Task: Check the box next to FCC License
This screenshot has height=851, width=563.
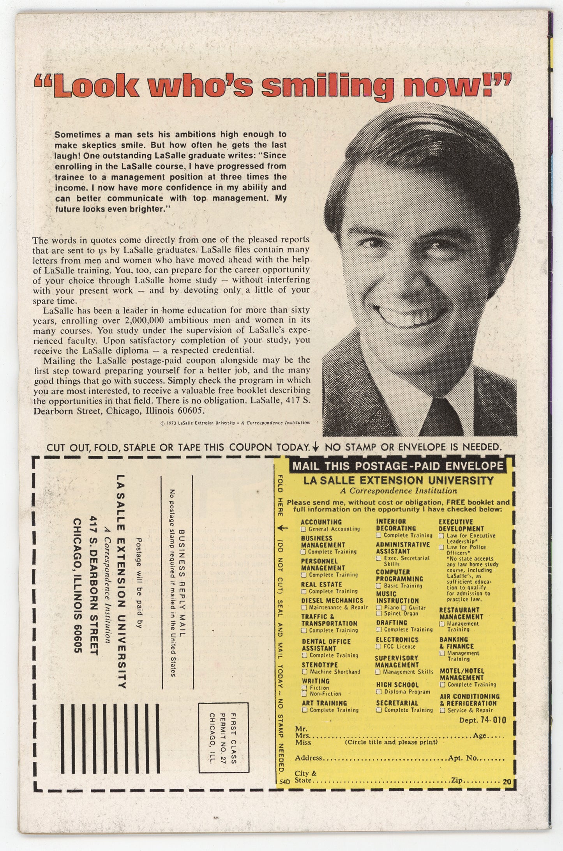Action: point(378,647)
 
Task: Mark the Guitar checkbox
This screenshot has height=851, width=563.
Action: point(404,607)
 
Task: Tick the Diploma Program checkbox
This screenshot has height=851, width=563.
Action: point(379,692)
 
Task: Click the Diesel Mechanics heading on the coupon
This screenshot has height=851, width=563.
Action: point(332,600)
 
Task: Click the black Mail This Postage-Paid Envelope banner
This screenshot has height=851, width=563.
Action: point(397,465)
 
